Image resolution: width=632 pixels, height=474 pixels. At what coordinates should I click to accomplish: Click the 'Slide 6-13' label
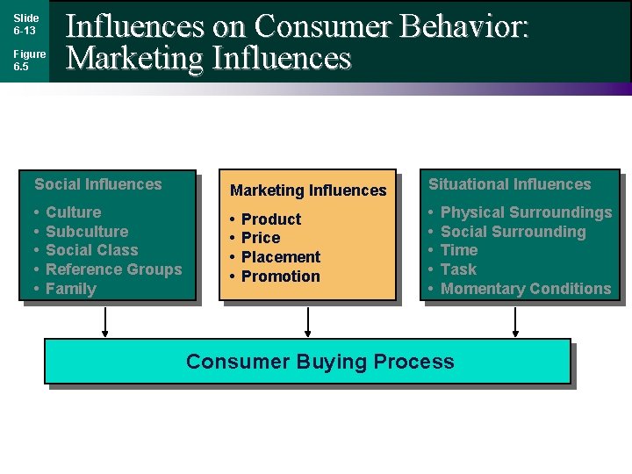tap(25, 24)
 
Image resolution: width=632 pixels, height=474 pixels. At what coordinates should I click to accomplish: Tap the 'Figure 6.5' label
tap(28, 60)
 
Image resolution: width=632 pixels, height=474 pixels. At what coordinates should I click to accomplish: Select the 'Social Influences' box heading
tap(98, 184)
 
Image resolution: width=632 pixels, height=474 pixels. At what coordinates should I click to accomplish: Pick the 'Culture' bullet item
tap(73, 212)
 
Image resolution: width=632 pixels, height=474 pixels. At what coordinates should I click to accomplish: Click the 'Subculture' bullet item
tap(86, 232)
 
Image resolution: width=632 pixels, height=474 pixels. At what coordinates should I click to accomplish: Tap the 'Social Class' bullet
tap(91, 250)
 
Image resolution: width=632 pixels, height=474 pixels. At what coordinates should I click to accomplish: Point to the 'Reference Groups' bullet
tap(113, 269)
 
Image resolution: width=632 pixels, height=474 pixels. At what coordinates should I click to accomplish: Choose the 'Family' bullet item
tap(70, 289)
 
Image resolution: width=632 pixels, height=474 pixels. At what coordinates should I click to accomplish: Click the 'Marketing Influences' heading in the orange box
tap(308, 190)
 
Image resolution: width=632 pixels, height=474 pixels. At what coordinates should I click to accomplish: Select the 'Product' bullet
tap(270, 219)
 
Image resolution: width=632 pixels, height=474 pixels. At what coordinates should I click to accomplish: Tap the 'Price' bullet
tap(261, 238)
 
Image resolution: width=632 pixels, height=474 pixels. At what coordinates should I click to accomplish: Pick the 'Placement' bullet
tap(280, 257)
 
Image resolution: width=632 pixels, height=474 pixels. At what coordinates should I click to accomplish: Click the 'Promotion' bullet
tap(280, 276)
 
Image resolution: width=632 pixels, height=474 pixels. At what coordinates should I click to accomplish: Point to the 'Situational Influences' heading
tap(509, 184)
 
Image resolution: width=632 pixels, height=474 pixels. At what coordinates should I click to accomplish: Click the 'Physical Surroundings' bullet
tap(526, 212)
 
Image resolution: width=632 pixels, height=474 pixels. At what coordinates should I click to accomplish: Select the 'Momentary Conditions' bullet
tap(525, 289)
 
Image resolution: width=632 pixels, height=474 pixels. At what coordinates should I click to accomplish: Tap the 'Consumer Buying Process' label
tap(320, 362)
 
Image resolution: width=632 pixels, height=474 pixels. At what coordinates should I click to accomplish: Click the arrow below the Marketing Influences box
tap(308, 321)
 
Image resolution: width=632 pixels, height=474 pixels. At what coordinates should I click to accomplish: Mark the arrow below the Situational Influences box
tap(515, 321)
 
